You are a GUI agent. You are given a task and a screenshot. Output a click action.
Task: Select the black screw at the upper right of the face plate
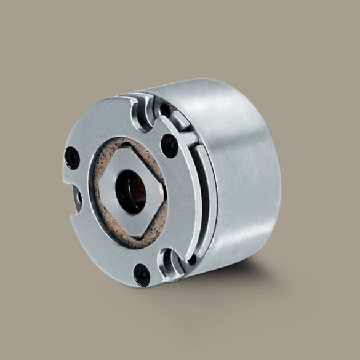(x=169, y=145)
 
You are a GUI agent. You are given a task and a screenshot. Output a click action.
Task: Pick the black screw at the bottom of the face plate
(x=142, y=273)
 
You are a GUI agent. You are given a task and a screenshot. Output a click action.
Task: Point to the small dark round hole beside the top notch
(x=166, y=110)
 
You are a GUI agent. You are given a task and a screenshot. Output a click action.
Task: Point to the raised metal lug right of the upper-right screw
(x=188, y=138)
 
